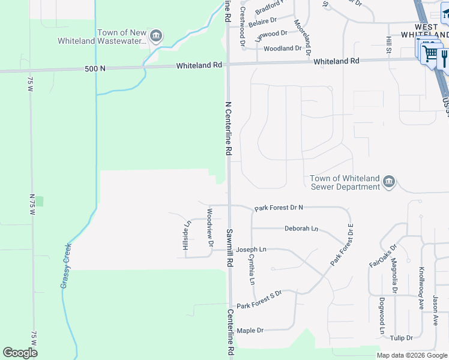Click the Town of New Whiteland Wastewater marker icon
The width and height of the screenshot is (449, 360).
point(156,35)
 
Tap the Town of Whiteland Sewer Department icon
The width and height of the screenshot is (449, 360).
point(389,181)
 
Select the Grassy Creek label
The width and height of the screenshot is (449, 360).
point(66,265)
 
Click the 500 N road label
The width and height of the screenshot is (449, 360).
point(95,68)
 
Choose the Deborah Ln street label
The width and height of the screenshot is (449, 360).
point(301,229)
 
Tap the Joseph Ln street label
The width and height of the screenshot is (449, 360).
point(251,249)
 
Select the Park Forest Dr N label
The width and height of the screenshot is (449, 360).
point(279,208)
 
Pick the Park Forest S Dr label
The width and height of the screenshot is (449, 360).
point(259,305)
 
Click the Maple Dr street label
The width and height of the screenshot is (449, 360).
point(250,331)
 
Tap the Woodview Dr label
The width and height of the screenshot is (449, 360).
point(210,227)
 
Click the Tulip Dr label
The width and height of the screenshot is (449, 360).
point(400,338)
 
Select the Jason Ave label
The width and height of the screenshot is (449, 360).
point(436,310)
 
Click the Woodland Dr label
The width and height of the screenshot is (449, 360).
point(282,49)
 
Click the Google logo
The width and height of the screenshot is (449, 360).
point(20,353)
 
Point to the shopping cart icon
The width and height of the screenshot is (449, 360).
point(430,53)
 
